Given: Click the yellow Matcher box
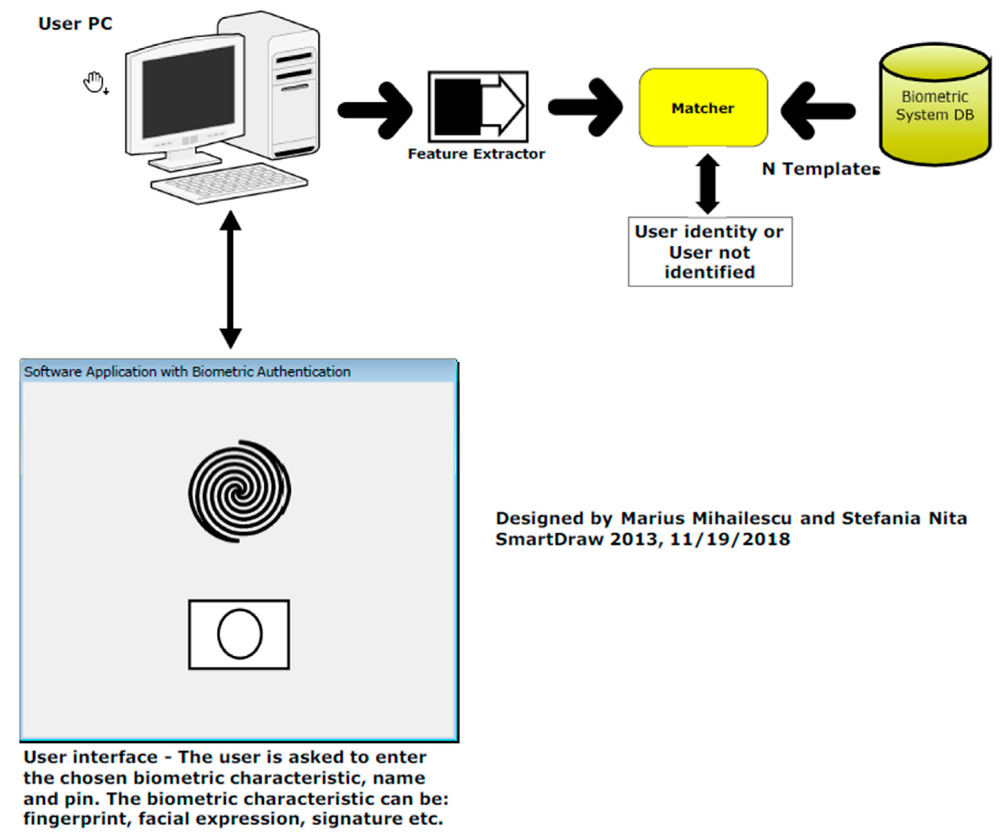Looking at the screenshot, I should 703,108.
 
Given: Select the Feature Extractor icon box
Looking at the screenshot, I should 478,106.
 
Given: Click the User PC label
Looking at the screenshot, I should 75,24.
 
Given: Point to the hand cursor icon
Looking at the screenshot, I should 94,83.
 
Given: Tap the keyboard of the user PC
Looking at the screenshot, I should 229,183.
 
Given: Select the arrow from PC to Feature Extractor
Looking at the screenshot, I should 375,110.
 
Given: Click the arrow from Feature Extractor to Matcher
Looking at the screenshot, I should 585,107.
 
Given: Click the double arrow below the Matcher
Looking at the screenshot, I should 707,184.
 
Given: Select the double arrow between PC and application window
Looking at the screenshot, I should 230,280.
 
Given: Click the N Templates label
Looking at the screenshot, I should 821,169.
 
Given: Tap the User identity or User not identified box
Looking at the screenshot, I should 710,252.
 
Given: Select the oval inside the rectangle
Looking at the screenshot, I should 240,634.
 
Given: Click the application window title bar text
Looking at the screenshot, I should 187,372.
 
